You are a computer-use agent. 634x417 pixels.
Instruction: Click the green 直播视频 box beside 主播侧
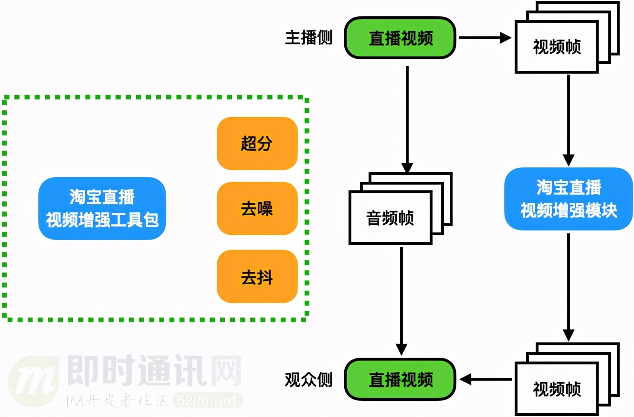pyautogui.click(x=400, y=38)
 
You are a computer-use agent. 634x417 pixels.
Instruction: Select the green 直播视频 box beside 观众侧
pyautogui.click(x=400, y=379)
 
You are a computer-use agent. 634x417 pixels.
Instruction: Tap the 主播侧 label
pyautogui.click(x=308, y=38)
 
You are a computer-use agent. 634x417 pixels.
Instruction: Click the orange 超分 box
pyautogui.click(x=257, y=143)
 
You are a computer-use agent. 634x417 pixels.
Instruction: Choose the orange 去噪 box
pyautogui.click(x=257, y=208)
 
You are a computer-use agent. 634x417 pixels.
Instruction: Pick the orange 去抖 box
pyautogui.click(x=257, y=277)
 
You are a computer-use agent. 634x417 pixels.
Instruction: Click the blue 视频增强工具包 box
pyautogui.click(x=102, y=208)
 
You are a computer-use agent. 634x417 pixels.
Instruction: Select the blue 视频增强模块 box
pyautogui.click(x=568, y=199)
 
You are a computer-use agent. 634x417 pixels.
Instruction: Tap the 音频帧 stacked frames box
pyautogui.click(x=391, y=218)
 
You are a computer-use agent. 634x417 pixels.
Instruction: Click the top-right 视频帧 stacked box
pyautogui.click(x=557, y=47)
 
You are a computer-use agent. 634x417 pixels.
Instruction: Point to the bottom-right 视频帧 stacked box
pyautogui.click(x=557, y=388)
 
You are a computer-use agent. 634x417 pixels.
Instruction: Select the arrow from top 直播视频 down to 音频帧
pyautogui.click(x=407, y=120)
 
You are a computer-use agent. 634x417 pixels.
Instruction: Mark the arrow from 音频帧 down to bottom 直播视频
pyautogui.click(x=402, y=301)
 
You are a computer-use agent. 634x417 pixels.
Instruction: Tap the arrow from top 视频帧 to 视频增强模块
pyautogui.click(x=568, y=120)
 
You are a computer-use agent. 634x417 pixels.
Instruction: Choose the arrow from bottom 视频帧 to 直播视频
pyautogui.click(x=485, y=380)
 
